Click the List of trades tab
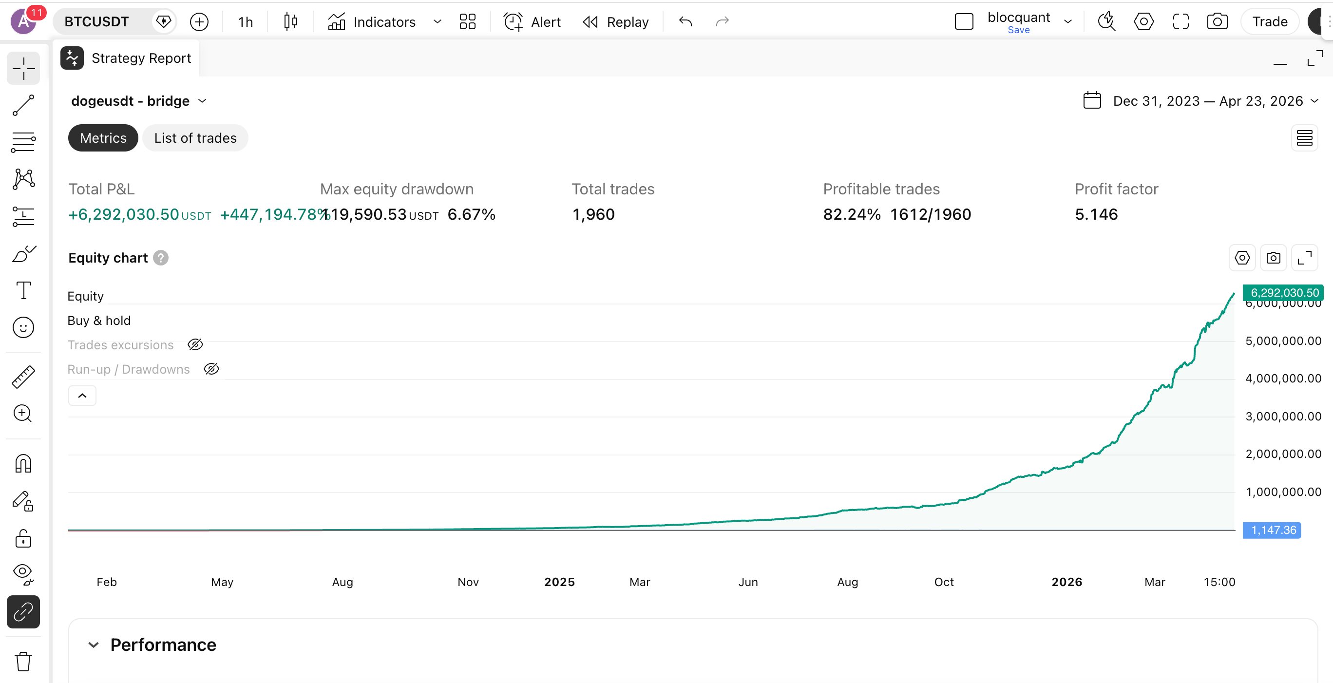tap(195, 138)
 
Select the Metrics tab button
tap(103, 138)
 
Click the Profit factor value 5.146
tap(1096, 214)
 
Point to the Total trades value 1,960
tap(593, 214)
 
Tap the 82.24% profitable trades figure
tap(851, 214)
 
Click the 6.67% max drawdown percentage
tap(471, 214)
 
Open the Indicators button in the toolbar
tap(372, 22)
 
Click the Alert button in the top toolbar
tap(533, 22)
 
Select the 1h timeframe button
tap(245, 22)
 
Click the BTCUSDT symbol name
tap(97, 22)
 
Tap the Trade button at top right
tap(1269, 22)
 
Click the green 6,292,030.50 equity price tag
tap(1284, 293)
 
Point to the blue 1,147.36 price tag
tap(1273, 530)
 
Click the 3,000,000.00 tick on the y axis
tap(1283, 417)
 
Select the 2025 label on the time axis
tap(559, 582)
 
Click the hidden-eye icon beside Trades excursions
tap(195, 344)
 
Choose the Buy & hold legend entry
tap(99, 321)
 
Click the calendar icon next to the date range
tap(1092, 100)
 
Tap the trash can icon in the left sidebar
tap(23, 661)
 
